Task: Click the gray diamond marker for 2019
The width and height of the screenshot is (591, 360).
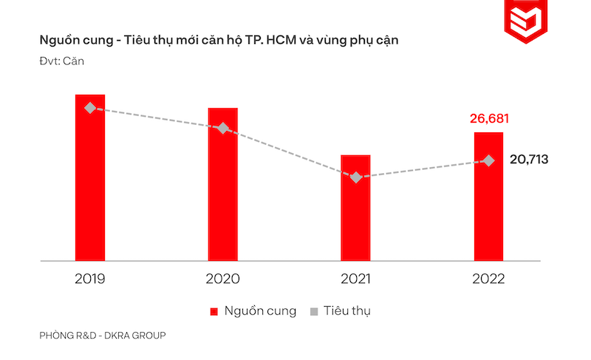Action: pos(90,108)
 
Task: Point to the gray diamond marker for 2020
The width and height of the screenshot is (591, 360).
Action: pos(222,128)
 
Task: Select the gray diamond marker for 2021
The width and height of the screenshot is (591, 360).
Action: pos(356,177)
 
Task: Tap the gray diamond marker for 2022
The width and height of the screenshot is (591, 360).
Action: pos(488,160)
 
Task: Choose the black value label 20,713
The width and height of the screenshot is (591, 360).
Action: pos(529,160)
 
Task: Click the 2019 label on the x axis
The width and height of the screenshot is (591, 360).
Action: pos(90,279)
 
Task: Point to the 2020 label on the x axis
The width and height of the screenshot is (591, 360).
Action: pos(222,279)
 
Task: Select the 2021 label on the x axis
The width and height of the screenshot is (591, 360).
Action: pos(355,279)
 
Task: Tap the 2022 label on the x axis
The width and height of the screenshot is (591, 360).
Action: pos(488,279)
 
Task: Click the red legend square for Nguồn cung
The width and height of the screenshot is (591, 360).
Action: pos(215,311)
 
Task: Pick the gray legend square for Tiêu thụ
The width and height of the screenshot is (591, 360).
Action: pos(314,311)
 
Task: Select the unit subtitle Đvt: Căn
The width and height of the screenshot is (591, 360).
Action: pos(62,61)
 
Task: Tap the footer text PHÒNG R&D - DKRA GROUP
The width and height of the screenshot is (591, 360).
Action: pos(103,336)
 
